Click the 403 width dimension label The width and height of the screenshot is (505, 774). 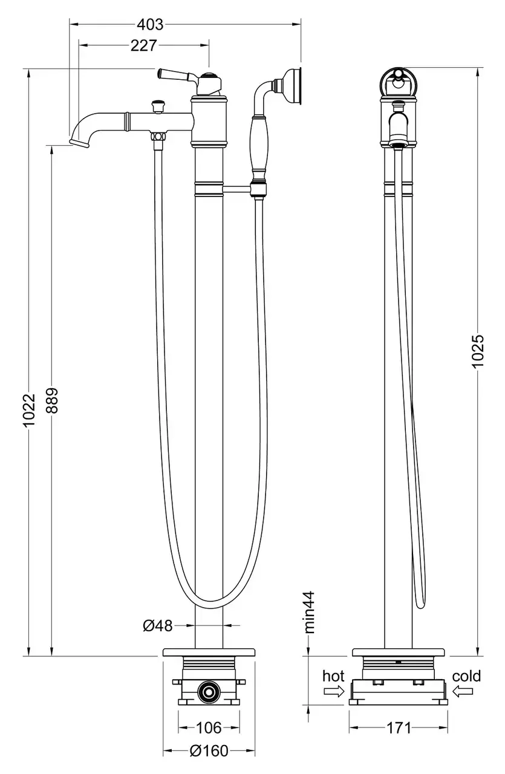150,25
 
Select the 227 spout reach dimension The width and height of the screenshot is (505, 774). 144,45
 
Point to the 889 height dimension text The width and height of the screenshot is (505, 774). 52,400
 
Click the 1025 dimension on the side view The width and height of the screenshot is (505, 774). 477,350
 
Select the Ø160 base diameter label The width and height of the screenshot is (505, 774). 209,751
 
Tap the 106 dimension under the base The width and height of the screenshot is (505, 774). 209,727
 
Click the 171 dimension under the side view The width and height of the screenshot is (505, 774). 399,727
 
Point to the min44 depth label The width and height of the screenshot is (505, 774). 310,612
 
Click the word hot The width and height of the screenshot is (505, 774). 333,675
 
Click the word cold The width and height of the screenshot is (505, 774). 466,675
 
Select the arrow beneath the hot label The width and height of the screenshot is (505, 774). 333,693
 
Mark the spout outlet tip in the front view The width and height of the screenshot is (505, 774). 76,142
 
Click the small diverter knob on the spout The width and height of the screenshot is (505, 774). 159,106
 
